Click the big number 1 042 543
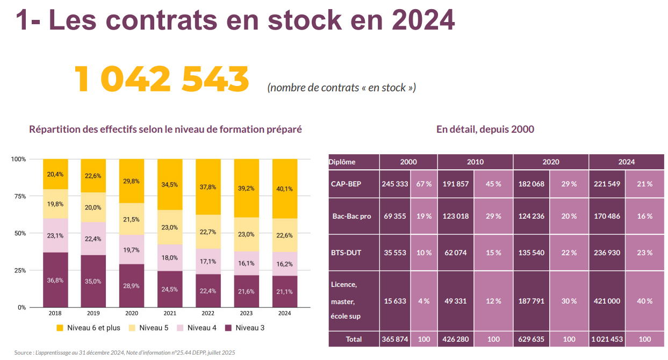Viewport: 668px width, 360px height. click(161, 79)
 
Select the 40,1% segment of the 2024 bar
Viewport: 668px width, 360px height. click(284, 189)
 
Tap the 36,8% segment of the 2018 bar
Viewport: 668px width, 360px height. click(55, 280)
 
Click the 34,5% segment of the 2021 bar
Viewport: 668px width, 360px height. click(170, 184)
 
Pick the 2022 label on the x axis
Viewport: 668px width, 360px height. click(208, 313)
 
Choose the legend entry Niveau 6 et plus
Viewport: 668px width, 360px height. click(88, 328)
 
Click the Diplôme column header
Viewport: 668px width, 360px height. click(342, 162)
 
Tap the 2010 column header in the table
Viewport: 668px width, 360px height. click(475, 162)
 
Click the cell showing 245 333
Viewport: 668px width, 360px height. click(395, 184)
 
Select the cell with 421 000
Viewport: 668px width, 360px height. click(607, 301)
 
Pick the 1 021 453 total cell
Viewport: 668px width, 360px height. click(607, 339)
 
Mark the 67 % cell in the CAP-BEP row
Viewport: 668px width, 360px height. click(424, 184)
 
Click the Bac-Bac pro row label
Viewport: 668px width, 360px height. click(351, 216)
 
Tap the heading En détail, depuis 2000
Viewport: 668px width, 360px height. click(485, 129)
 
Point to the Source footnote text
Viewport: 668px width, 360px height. click(124, 352)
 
